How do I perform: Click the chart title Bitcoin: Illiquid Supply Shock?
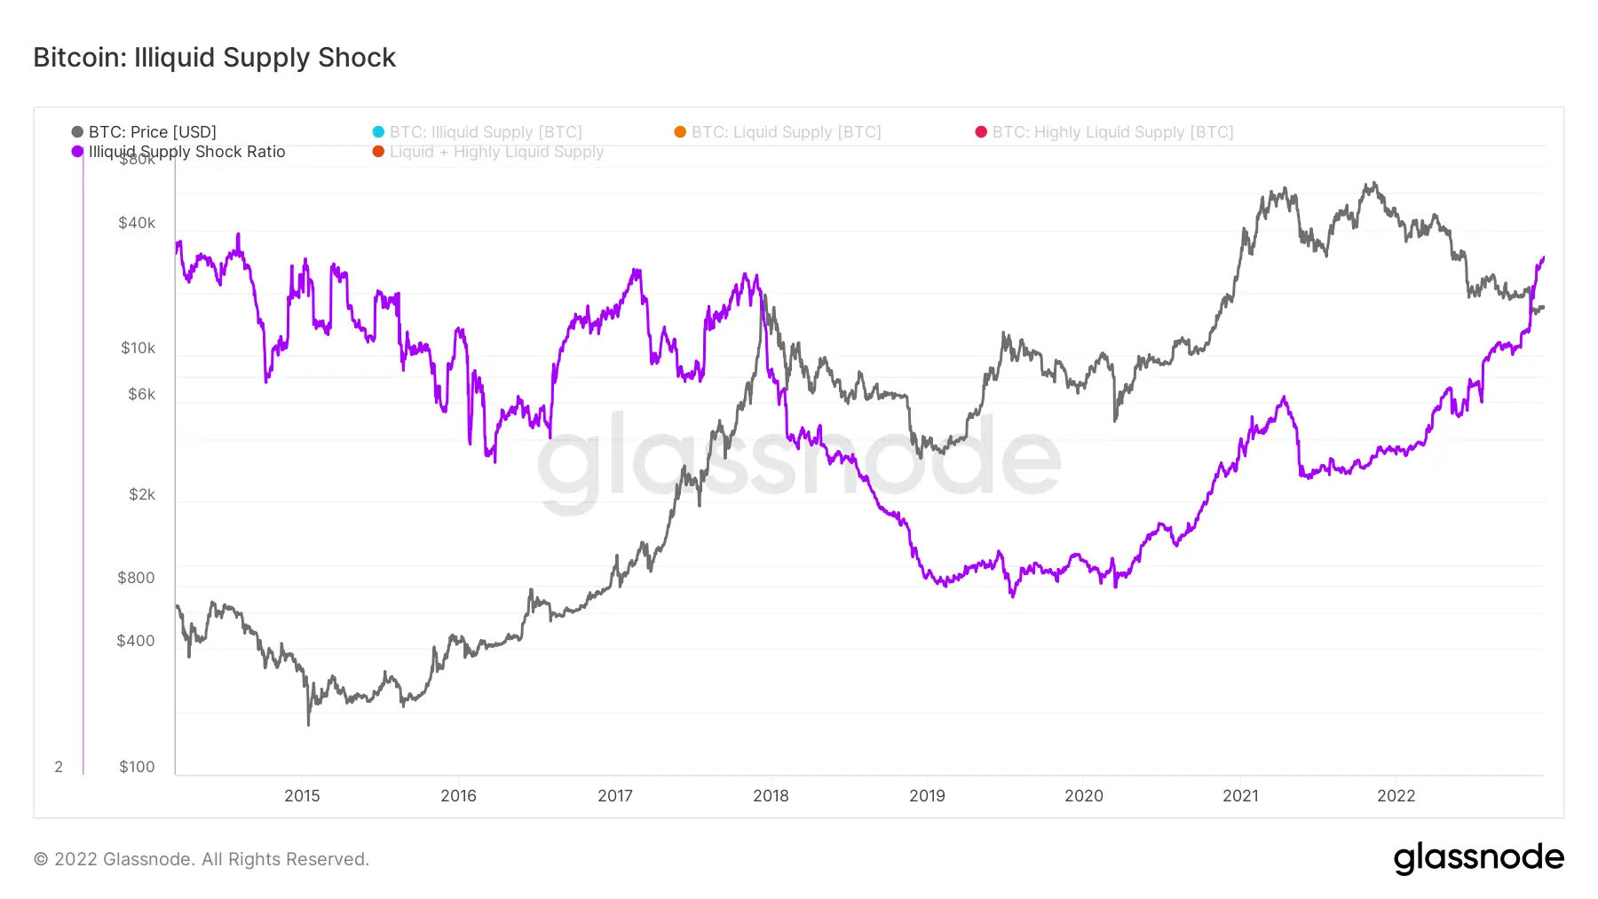tap(214, 58)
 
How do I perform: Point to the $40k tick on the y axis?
tap(137, 223)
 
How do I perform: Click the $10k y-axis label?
tap(138, 348)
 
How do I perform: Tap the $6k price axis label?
tap(141, 394)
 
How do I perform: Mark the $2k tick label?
tap(142, 494)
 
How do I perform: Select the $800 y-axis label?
tap(136, 578)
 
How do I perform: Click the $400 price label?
tap(136, 641)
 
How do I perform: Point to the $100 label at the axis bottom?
tap(137, 767)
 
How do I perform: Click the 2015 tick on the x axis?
tap(302, 796)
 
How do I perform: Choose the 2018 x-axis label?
tap(771, 796)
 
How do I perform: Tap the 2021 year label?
tap(1240, 796)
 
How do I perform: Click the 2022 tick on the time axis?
tap(1396, 796)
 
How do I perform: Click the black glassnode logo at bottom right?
tap(1478, 858)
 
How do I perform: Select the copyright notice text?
tap(202, 859)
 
